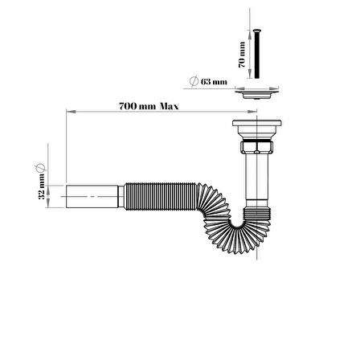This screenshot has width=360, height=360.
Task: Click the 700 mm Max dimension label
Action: [149, 106]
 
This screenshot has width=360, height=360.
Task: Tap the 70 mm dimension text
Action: [242, 55]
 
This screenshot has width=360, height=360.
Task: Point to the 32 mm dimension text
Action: [42, 186]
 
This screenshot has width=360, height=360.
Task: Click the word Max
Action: [170, 106]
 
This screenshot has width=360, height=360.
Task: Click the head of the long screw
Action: [257, 31]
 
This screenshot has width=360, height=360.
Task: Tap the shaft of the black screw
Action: [257, 55]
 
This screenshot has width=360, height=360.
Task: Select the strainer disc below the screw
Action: [257, 94]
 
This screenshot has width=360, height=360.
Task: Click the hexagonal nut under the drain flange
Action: [257, 147]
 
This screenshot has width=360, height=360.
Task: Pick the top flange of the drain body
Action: [257, 123]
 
